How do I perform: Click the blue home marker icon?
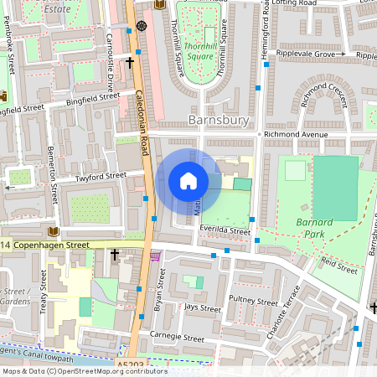coord(188,181)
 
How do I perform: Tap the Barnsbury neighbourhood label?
coord(219,121)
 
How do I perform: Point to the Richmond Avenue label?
coord(292,134)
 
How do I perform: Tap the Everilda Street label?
coord(225,231)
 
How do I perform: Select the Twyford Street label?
coord(100,177)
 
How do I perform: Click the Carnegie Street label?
coord(177,338)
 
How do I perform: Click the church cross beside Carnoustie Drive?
coord(130,61)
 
